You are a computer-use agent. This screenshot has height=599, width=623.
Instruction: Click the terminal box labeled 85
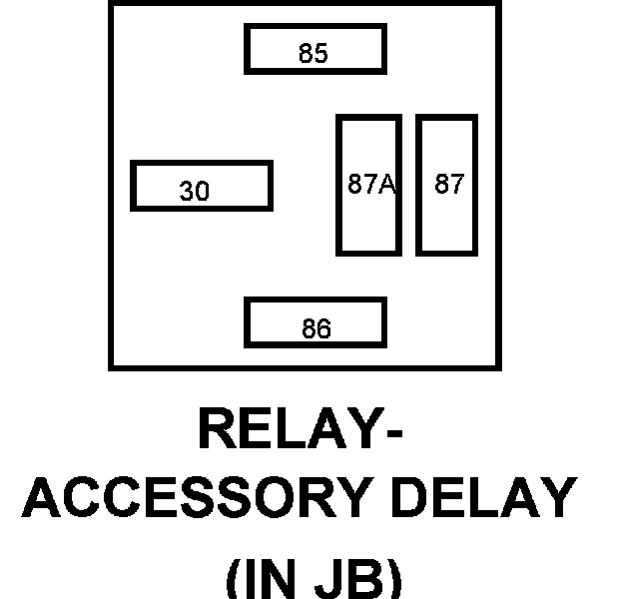(314, 50)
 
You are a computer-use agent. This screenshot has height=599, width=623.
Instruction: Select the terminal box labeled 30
(201, 187)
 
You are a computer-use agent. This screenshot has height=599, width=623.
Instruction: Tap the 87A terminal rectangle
(368, 185)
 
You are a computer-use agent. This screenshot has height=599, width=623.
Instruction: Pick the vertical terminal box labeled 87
(448, 185)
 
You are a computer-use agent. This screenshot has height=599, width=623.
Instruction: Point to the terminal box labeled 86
(314, 322)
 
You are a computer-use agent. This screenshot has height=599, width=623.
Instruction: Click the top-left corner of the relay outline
(111, 3)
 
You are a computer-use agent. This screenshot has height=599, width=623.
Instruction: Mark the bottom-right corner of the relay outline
(497, 367)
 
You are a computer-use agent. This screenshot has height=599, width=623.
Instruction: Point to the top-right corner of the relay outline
(497, 3)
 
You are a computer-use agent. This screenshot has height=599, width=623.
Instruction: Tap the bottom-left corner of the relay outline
(111, 367)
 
